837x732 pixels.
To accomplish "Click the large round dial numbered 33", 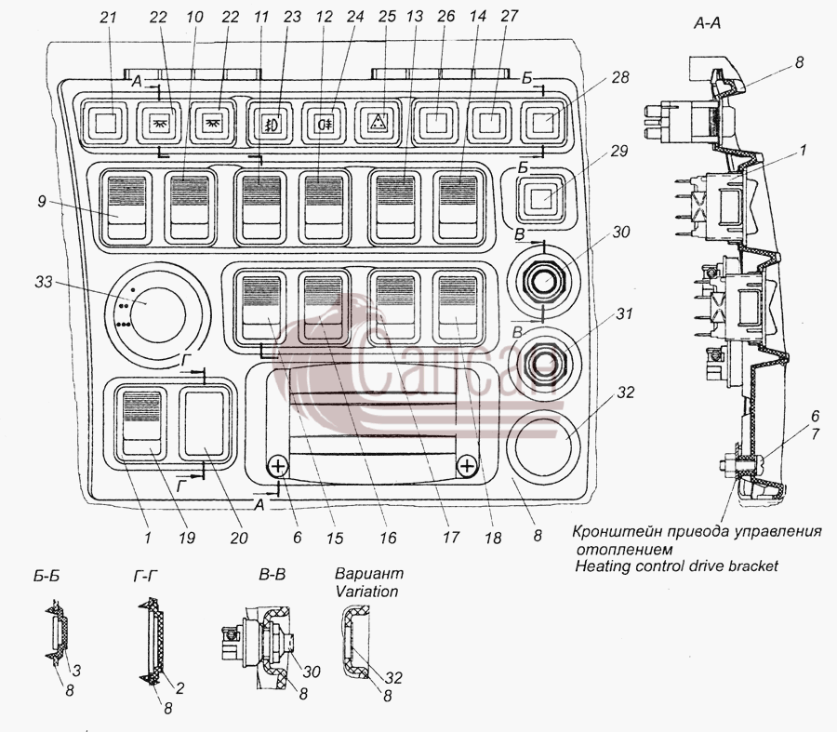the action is click(x=158, y=316).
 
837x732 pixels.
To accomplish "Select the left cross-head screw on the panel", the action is click(x=277, y=468).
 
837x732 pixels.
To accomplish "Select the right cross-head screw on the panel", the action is click(x=467, y=466).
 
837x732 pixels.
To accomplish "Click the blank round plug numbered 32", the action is click(x=542, y=444).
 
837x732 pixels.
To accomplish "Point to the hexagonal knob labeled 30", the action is click(x=543, y=281).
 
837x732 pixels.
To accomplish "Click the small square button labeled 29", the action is click(x=543, y=200).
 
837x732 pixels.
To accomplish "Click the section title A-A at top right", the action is click(x=708, y=23).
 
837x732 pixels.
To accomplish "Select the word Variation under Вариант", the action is click(x=366, y=592).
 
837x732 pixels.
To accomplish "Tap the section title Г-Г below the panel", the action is click(x=146, y=576).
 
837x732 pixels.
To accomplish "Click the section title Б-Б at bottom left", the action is click(x=46, y=577).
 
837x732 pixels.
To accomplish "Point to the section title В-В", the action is click(x=272, y=575).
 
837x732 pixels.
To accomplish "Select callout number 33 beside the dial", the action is click(x=44, y=281).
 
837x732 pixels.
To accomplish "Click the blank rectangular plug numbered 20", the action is click(x=206, y=423).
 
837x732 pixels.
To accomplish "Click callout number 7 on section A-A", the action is click(x=815, y=433).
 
